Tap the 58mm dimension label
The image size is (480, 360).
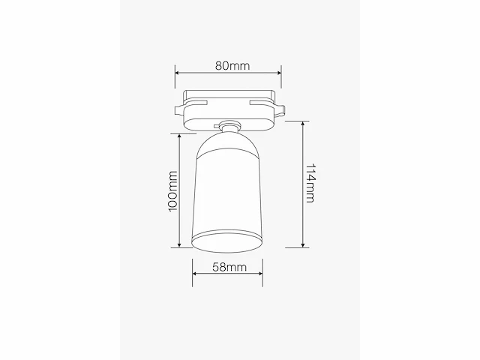[229, 267]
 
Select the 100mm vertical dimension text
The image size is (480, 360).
[173, 190]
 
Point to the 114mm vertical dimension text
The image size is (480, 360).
[310, 183]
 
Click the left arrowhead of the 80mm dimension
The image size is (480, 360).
[177, 73]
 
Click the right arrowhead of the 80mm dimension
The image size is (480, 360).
[279, 73]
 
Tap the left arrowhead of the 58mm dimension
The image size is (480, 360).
[195, 274]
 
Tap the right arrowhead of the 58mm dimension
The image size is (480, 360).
[260, 274]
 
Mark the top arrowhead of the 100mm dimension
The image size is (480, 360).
[179, 136]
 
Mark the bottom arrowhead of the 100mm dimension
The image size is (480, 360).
[179, 245]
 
